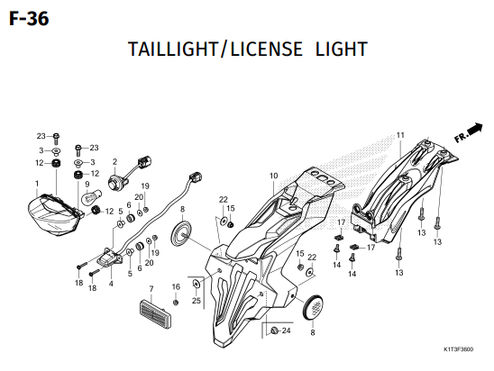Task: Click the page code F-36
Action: tap(29, 19)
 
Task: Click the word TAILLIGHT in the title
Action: tap(173, 49)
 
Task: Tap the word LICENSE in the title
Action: tap(267, 49)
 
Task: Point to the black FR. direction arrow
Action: tap(474, 129)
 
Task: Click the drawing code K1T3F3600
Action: tap(459, 349)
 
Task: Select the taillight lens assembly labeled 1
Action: tap(54, 214)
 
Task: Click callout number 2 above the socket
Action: tap(114, 162)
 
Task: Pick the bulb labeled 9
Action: tap(89, 197)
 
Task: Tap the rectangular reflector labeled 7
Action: tap(155, 309)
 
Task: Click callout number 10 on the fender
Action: tap(273, 176)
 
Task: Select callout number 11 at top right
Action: tap(400, 135)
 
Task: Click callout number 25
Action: tap(197, 301)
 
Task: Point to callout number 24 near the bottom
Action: tap(286, 330)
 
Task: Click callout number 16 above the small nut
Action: tap(176, 286)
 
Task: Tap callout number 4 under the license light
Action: tap(111, 284)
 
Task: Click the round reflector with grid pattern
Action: tap(313, 307)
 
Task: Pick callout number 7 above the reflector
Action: tap(151, 288)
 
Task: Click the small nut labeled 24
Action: tap(274, 330)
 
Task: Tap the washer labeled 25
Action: tap(197, 284)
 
